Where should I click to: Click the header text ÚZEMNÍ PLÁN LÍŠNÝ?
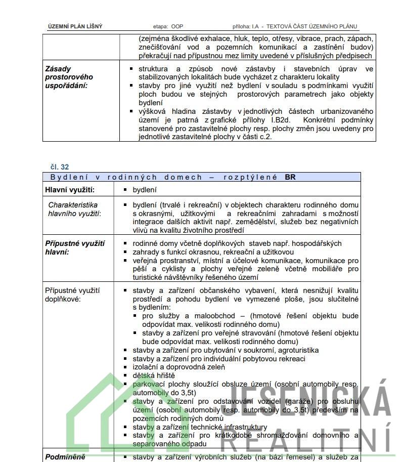coord(75,26)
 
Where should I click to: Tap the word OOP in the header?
coord(177,26)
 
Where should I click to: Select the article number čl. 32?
coord(60,166)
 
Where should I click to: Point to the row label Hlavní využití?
coord(70,190)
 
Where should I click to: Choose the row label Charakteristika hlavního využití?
coord(73,209)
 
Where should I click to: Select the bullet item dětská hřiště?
coord(154,375)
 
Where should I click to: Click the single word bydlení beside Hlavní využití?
coord(145,190)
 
